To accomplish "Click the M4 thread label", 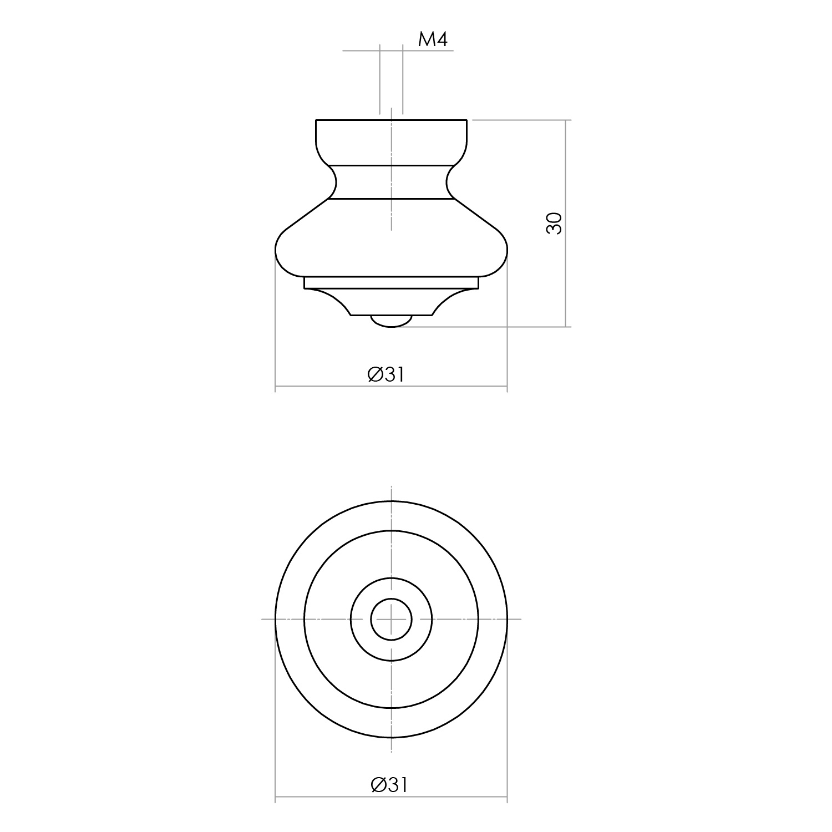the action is [x=432, y=39].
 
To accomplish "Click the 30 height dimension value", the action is [x=554, y=223].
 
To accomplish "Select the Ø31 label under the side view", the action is [x=386, y=374].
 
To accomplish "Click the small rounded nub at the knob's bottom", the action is [x=392, y=321].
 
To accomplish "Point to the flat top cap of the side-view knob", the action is [x=392, y=143].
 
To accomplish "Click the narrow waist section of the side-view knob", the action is [x=392, y=182].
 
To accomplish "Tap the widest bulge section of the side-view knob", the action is [x=392, y=239].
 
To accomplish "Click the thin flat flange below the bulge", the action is [x=392, y=283].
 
